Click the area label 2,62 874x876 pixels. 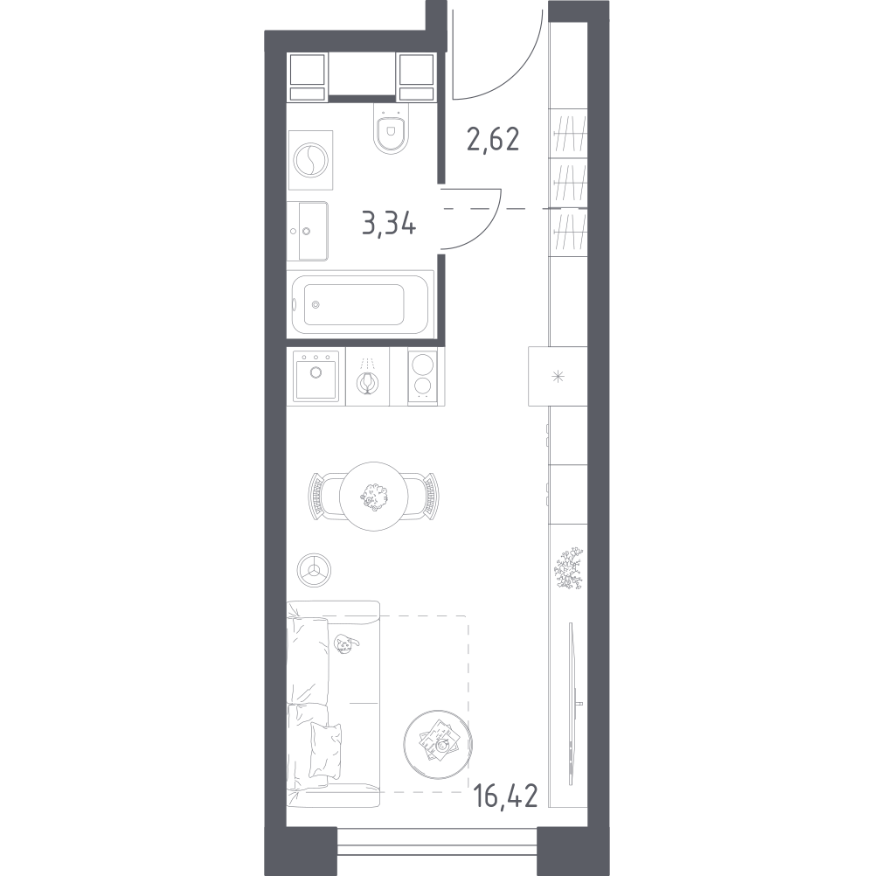(493, 140)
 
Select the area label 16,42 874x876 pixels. (505, 796)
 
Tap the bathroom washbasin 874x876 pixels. (308, 231)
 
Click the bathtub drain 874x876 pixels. (316, 304)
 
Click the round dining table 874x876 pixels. (373, 496)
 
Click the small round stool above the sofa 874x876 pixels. (314, 570)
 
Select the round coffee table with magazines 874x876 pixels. (438, 744)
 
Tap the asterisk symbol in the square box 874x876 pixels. (558, 377)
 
